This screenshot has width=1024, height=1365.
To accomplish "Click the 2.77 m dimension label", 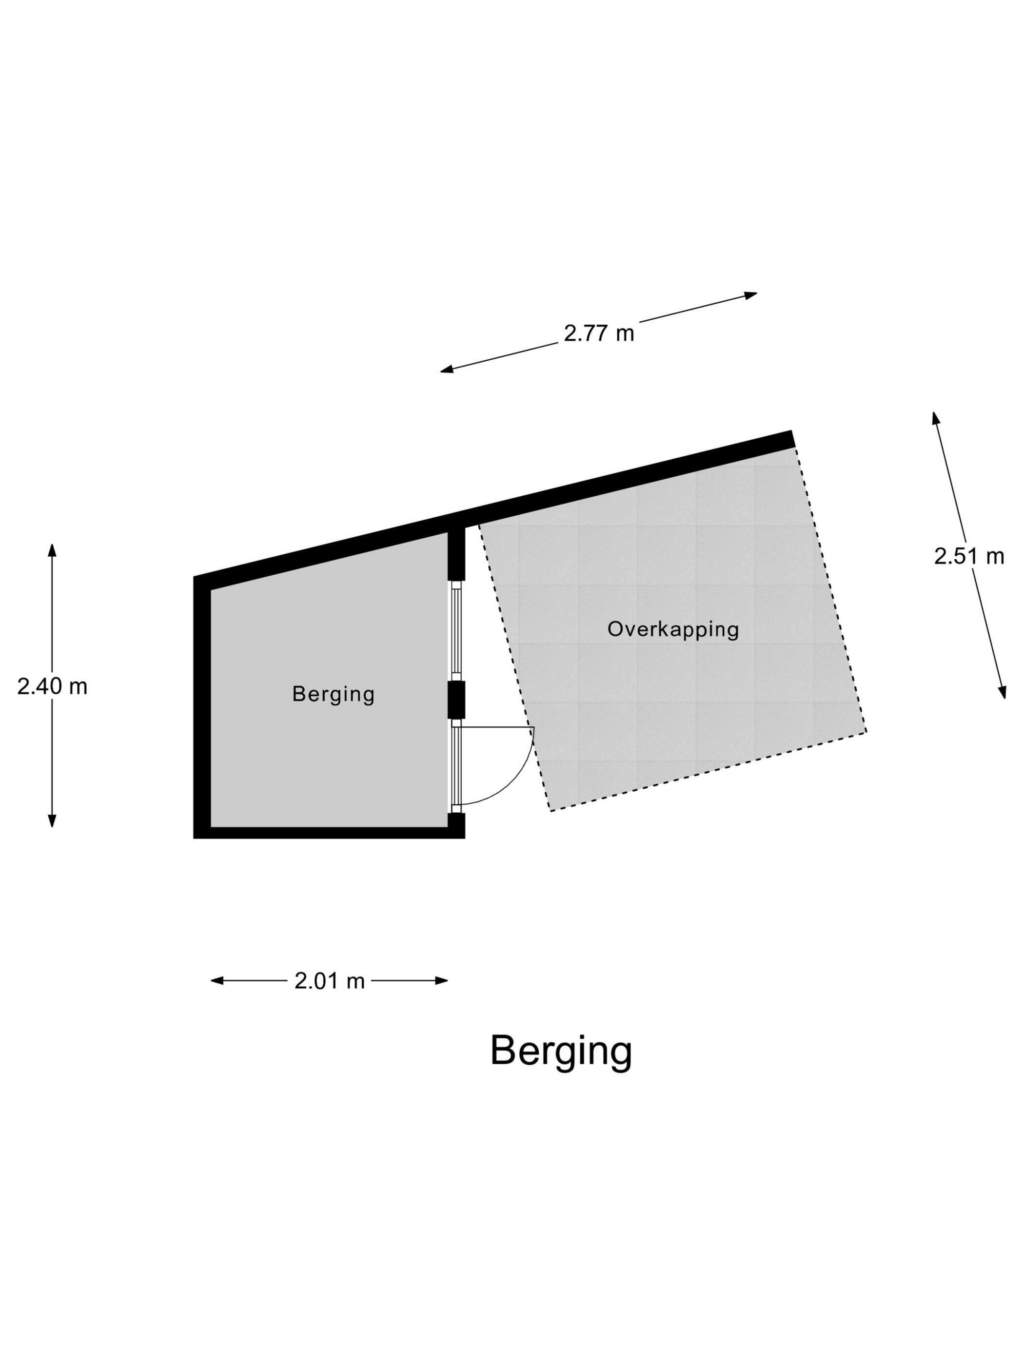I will tap(598, 333).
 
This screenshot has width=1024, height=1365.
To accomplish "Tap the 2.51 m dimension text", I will tap(968, 557).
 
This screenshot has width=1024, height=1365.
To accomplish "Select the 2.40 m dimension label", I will tap(53, 686).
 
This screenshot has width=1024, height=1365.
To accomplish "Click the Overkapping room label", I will tap(673, 629).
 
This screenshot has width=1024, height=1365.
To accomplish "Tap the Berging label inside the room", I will tap(334, 694).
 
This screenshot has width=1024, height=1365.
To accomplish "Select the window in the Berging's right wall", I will tap(456, 629).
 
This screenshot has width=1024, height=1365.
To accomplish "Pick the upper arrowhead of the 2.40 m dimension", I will tap(53, 550).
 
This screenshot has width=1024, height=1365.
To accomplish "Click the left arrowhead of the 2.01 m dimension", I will tap(216, 980).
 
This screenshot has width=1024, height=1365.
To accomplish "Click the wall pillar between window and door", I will tap(456, 700).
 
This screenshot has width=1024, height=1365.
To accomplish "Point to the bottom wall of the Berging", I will tap(327, 833).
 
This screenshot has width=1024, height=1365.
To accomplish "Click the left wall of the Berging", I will tap(202, 703).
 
